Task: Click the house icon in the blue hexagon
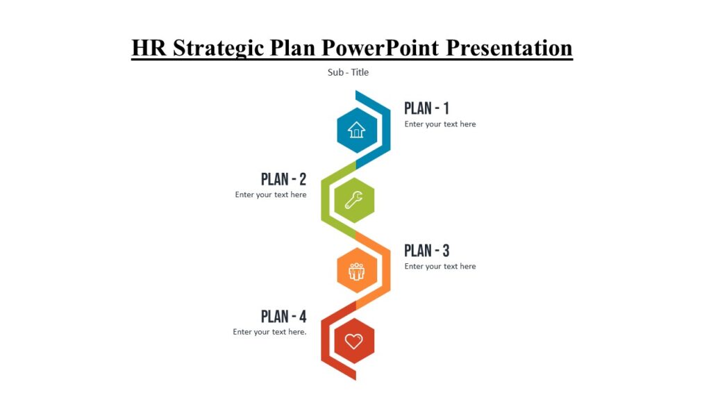tap(356, 130)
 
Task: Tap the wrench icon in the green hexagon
tap(354, 201)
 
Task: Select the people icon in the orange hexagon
tap(357, 271)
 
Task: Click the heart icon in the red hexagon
tap(354, 341)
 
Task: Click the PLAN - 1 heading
tap(426, 108)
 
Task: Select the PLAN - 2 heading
tap(283, 179)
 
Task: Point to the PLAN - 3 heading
tap(426, 251)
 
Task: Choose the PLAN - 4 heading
tap(283, 317)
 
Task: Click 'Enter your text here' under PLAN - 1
tap(440, 124)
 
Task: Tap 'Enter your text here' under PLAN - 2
tap(271, 195)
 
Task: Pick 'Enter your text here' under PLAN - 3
tap(440, 267)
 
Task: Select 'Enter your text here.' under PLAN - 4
tap(269, 332)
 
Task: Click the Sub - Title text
tap(348, 72)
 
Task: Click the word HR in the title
tap(149, 48)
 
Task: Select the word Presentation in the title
tap(509, 48)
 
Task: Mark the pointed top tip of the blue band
tap(356, 92)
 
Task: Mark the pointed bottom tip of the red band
tap(355, 378)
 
